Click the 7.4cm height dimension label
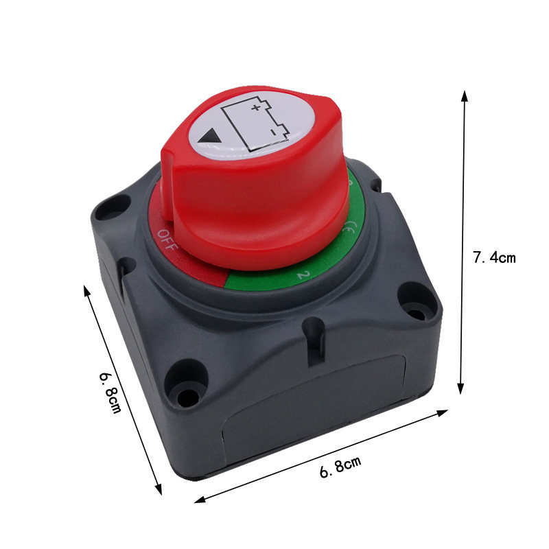click(494, 257)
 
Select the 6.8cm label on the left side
click(110, 392)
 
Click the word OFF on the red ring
click(167, 239)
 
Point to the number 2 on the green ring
click(303, 274)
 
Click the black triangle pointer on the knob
click(209, 136)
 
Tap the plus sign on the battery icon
click(256, 107)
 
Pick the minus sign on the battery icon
click(272, 132)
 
